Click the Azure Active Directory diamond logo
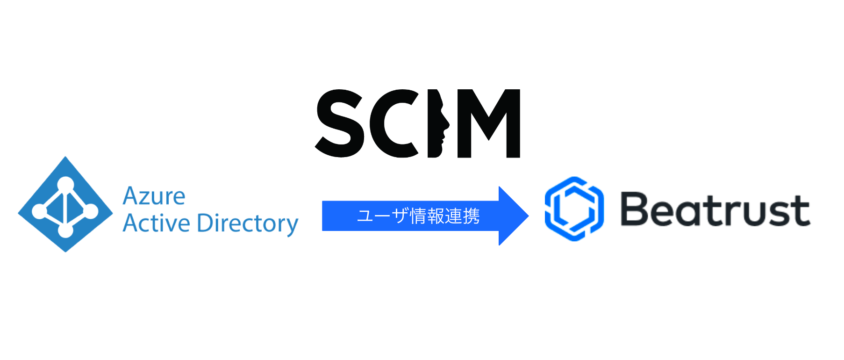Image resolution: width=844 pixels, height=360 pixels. (x=65, y=204)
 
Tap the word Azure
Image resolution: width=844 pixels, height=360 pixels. (x=154, y=196)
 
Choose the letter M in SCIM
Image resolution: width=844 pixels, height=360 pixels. (x=489, y=123)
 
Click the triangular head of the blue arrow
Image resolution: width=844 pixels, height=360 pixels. (x=513, y=216)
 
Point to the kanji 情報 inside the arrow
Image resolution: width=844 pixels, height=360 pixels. (x=427, y=216)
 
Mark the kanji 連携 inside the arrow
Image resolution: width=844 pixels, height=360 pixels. (x=462, y=216)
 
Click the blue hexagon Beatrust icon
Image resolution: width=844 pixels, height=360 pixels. (x=574, y=209)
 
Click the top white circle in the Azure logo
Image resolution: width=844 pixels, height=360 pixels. (x=66, y=185)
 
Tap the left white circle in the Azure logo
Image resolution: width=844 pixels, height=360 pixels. (x=40, y=210)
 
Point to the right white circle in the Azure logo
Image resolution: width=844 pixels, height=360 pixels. (x=91, y=211)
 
